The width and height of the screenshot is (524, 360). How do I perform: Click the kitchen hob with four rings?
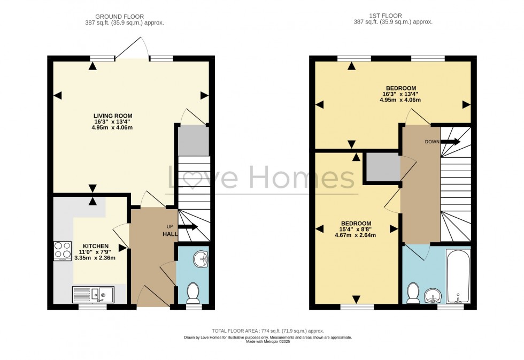click(x=63, y=251)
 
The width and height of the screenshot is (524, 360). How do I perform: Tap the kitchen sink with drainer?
click(x=93, y=295)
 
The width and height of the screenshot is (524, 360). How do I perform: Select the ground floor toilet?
click(x=193, y=293)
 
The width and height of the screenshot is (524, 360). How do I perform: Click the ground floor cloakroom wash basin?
click(x=201, y=259)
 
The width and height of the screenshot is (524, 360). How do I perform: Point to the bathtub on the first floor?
click(x=458, y=276)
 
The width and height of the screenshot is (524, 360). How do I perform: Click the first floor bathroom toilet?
click(x=413, y=293)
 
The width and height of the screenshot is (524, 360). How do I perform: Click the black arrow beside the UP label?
click(x=188, y=227)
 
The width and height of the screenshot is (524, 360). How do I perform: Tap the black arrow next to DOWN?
click(x=450, y=141)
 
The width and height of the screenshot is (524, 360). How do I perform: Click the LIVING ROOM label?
click(x=113, y=116)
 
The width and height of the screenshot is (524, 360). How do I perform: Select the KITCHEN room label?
click(x=96, y=246)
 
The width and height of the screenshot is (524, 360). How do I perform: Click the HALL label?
click(x=170, y=234)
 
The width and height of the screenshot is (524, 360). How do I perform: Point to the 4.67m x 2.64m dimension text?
click(x=355, y=235)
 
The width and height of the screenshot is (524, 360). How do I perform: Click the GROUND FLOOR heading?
click(x=119, y=17)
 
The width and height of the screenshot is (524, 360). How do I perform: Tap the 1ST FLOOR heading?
click(x=386, y=16)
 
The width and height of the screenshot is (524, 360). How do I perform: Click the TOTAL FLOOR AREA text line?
click(x=268, y=331)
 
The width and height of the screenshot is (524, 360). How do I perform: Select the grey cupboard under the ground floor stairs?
click(x=194, y=140)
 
